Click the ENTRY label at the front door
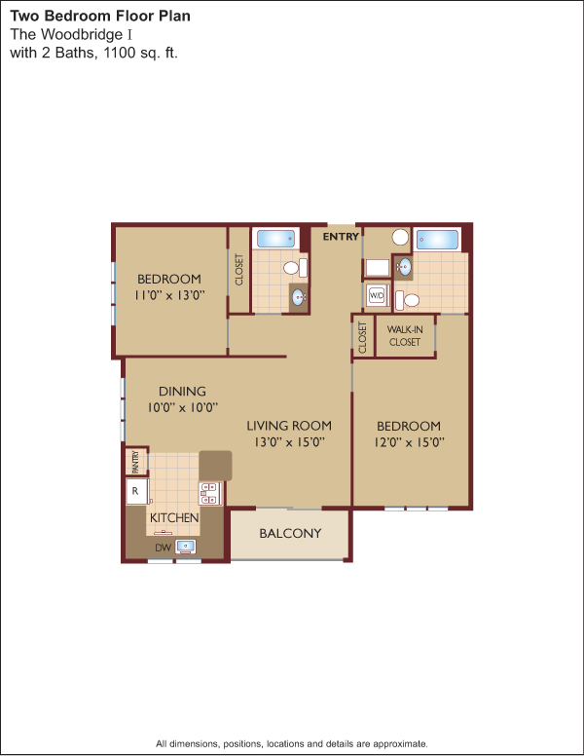pos(341,236)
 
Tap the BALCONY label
pos(290,533)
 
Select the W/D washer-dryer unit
pos(377,295)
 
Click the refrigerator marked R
pos(136,491)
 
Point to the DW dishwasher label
pos(164,548)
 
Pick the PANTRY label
pos(135,462)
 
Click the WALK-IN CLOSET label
pos(405,335)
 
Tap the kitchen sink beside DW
pos(186,547)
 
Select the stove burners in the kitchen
pos(209,494)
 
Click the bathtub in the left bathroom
pos(275,238)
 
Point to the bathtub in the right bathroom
pos(438,240)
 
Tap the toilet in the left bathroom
pos(295,268)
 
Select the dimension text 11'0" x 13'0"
pos(169,294)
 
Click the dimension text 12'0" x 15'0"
pos(409,441)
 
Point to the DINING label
pos(182,391)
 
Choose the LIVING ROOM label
pos(289,426)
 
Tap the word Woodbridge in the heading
pos(83,35)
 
